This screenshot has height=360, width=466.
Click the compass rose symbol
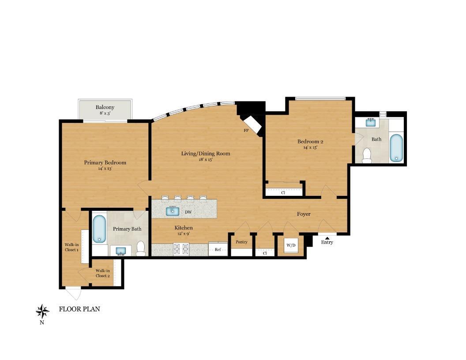tap(42, 311)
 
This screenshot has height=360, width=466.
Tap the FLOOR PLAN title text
tap(79, 309)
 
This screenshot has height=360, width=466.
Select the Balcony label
tap(105, 107)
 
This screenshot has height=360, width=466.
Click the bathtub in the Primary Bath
tap(99, 229)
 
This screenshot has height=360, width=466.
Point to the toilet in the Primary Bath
tap(141, 248)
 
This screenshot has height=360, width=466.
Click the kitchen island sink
tap(173, 211)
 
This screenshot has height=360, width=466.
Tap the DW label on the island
tap(188, 212)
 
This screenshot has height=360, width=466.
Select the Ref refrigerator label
tap(218, 250)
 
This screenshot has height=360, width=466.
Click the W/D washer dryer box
tap(290, 245)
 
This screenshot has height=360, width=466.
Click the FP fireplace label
tap(246, 131)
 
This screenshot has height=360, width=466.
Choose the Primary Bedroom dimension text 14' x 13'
tap(105, 169)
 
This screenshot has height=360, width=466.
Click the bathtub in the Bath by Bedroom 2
tap(396, 148)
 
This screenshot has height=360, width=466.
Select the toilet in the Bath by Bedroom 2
tap(367, 155)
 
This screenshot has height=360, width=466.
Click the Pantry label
tap(241, 242)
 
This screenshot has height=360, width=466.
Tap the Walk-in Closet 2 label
tap(102, 273)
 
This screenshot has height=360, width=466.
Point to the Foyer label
tap(303, 214)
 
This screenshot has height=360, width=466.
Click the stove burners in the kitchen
tap(182, 250)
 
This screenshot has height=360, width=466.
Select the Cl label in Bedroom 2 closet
tap(283, 193)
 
